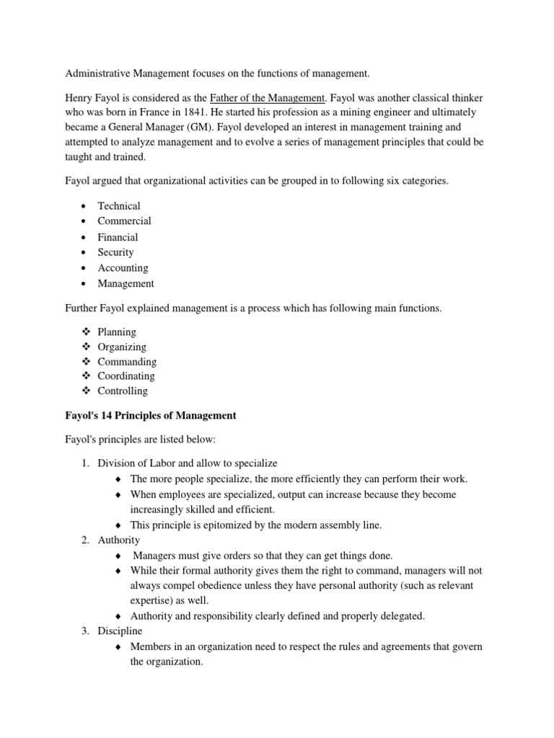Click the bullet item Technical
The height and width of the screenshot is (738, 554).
(119, 205)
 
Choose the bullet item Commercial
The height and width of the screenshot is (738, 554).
(124, 221)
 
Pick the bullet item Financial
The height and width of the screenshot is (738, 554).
(118, 237)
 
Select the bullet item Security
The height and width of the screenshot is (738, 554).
(115, 252)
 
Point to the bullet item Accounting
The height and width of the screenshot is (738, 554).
(123, 268)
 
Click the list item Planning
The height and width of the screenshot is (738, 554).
(116, 332)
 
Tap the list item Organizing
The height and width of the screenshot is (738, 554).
(121, 347)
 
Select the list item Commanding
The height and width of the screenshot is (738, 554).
(126, 362)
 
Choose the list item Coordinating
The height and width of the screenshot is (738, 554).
(126, 376)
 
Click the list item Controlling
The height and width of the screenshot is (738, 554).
(122, 391)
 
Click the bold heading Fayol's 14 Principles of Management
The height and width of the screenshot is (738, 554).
(151, 416)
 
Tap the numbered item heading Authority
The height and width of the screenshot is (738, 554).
(119, 540)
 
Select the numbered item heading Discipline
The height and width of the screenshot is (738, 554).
(120, 631)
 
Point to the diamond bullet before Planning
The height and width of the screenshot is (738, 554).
(84, 332)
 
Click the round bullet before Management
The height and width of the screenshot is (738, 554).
(84, 284)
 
